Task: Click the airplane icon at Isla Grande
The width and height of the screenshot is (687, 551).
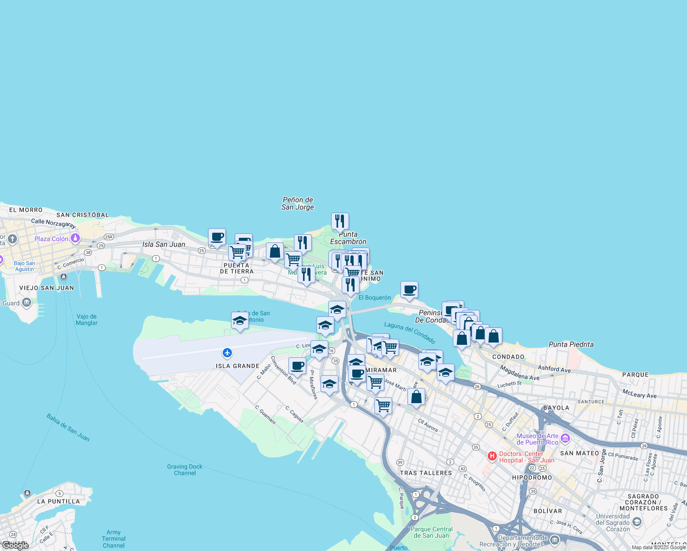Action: pos(227,353)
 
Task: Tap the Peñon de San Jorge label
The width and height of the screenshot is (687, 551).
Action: pos(298,203)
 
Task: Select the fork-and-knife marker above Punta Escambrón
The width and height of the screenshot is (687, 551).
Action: pos(340,221)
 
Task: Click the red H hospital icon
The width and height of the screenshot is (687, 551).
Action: pos(492,456)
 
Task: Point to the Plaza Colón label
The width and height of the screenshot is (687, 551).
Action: pos(51,239)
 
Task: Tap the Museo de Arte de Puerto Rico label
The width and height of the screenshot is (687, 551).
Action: pos(537,439)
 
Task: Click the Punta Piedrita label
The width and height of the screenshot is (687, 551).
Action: pos(571,344)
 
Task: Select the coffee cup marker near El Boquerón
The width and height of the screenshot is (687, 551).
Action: pos(409,290)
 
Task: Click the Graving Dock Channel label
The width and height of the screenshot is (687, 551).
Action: pos(185,470)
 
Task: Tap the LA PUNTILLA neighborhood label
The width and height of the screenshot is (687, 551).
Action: pos(58,501)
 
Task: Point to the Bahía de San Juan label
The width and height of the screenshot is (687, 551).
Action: pos(68,427)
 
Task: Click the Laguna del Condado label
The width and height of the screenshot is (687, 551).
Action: pos(410,332)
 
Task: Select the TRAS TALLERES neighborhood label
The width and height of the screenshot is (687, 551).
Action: pos(426,473)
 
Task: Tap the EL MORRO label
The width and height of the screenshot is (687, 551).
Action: pos(26,210)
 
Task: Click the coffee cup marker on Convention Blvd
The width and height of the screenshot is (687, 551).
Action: pos(298,366)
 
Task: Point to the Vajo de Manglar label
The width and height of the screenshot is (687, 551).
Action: pos(87,320)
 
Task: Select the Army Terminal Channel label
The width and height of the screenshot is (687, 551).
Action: pos(113,539)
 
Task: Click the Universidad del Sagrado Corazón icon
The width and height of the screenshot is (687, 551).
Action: pos(636,522)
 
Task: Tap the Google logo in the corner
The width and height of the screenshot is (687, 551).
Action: pos(15,545)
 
